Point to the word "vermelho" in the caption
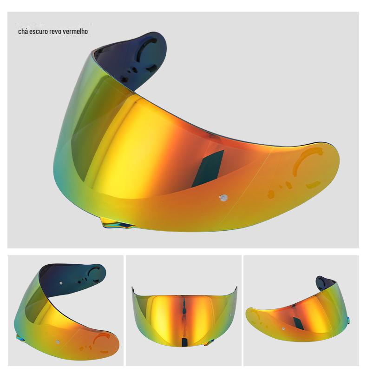pos(75,32)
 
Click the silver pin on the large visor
pos(223,198)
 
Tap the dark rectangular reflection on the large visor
pos(208,168)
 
